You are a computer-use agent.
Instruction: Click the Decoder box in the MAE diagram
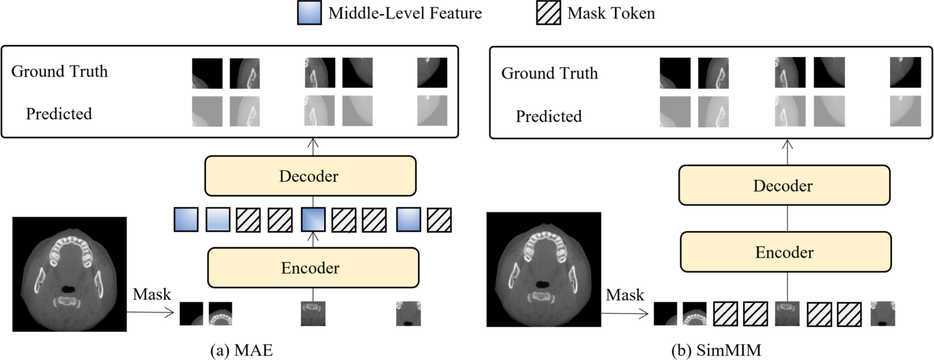click(x=310, y=176)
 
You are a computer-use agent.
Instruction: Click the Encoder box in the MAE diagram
click(x=313, y=268)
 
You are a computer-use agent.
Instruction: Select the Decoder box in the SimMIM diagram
click(x=784, y=186)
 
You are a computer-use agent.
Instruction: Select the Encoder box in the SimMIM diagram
click(x=785, y=252)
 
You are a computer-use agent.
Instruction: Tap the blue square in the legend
click(x=310, y=13)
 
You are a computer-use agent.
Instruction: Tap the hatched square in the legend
click(x=548, y=13)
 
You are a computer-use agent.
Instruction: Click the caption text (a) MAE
click(x=241, y=351)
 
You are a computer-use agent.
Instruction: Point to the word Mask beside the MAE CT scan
click(x=152, y=294)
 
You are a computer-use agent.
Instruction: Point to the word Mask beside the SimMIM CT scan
click(x=625, y=295)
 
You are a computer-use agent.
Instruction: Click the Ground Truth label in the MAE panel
click(x=60, y=71)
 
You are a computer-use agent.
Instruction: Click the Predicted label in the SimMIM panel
click(x=548, y=116)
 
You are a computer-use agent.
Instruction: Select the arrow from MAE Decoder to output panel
click(x=313, y=147)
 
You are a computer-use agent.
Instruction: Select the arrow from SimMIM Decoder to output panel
click(x=787, y=151)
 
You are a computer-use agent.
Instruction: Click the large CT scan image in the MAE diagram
click(x=70, y=274)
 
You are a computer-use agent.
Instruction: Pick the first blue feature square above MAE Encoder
click(x=186, y=220)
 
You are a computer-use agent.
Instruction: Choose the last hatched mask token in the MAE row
click(x=439, y=220)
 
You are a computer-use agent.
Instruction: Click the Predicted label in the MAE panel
click(x=59, y=113)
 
